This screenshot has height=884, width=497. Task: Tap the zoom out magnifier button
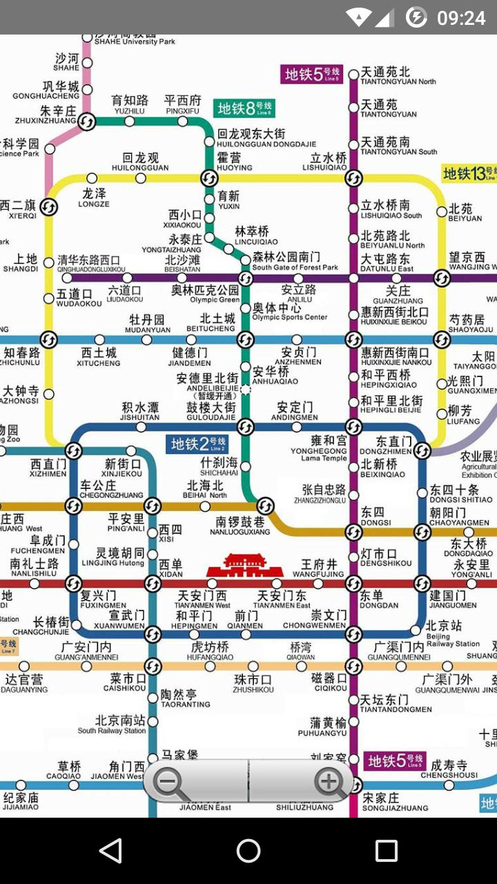click(170, 783)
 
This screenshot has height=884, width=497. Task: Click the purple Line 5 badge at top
click(311, 74)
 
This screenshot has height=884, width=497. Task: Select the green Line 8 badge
click(244, 108)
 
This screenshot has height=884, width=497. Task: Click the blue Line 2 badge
click(199, 444)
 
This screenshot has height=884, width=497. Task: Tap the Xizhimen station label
click(48, 468)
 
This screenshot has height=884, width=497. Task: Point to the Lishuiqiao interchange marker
click(353, 178)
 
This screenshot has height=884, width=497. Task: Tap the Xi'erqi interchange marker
click(48, 206)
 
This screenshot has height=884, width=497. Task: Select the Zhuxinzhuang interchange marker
click(87, 122)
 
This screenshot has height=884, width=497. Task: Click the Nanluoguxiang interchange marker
click(265, 506)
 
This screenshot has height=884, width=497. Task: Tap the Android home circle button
click(248, 851)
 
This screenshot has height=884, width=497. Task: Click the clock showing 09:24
click(461, 17)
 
